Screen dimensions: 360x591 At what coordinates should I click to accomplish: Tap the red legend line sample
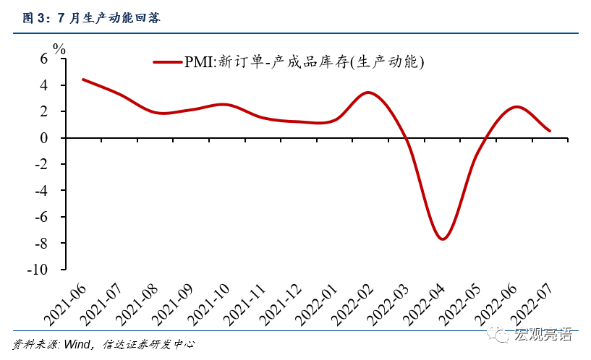(168, 62)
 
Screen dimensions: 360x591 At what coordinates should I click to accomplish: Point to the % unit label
(59, 50)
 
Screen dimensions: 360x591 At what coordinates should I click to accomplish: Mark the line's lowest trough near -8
(443, 239)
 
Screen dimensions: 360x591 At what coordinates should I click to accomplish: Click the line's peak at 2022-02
(368, 93)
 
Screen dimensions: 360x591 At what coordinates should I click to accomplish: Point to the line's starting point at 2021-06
(83, 80)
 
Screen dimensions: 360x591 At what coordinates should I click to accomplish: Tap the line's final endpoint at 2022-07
(550, 131)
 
